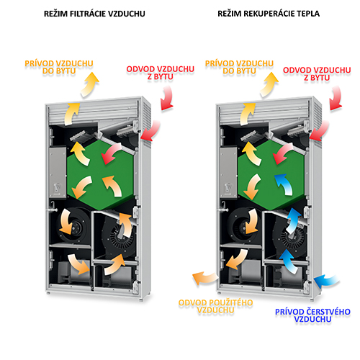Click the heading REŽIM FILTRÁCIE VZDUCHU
click(94, 14)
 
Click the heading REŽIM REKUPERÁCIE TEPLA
click(269, 14)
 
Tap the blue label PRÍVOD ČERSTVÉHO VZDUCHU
click(312, 315)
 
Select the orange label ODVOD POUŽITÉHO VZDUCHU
click(215, 306)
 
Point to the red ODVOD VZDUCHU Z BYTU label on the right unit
click(317, 73)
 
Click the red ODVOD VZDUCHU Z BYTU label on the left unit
click(160, 73)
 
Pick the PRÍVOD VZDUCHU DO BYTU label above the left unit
click(59, 67)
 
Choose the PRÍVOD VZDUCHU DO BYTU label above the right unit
click(239, 67)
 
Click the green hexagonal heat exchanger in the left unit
click(100, 175)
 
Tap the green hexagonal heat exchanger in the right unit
click(271, 175)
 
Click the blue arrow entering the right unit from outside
click(326, 282)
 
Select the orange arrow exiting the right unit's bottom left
click(205, 278)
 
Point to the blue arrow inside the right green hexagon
click(284, 184)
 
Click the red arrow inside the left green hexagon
click(111, 153)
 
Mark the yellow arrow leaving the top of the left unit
click(89, 84)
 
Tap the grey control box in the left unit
click(58, 172)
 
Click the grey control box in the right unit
click(228, 172)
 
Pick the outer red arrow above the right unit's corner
click(336, 98)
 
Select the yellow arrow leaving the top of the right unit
click(269, 84)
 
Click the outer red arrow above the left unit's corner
click(167, 98)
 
